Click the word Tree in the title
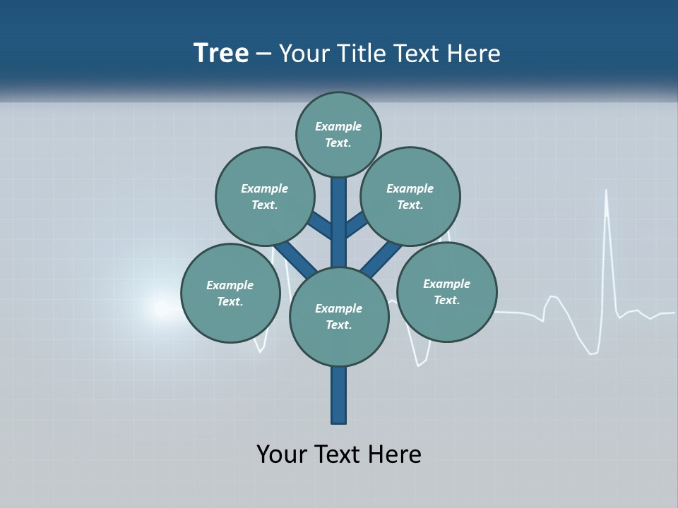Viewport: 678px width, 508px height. click(x=221, y=54)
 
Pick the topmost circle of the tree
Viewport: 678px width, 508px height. click(x=338, y=134)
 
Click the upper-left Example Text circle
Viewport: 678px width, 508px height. click(x=265, y=196)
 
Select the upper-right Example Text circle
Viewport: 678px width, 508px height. click(x=410, y=196)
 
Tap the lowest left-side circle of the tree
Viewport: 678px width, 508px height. click(x=230, y=293)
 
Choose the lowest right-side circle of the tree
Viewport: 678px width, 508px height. click(x=446, y=291)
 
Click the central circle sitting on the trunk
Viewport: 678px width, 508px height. click(x=339, y=316)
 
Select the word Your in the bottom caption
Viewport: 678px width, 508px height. click(x=282, y=454)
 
